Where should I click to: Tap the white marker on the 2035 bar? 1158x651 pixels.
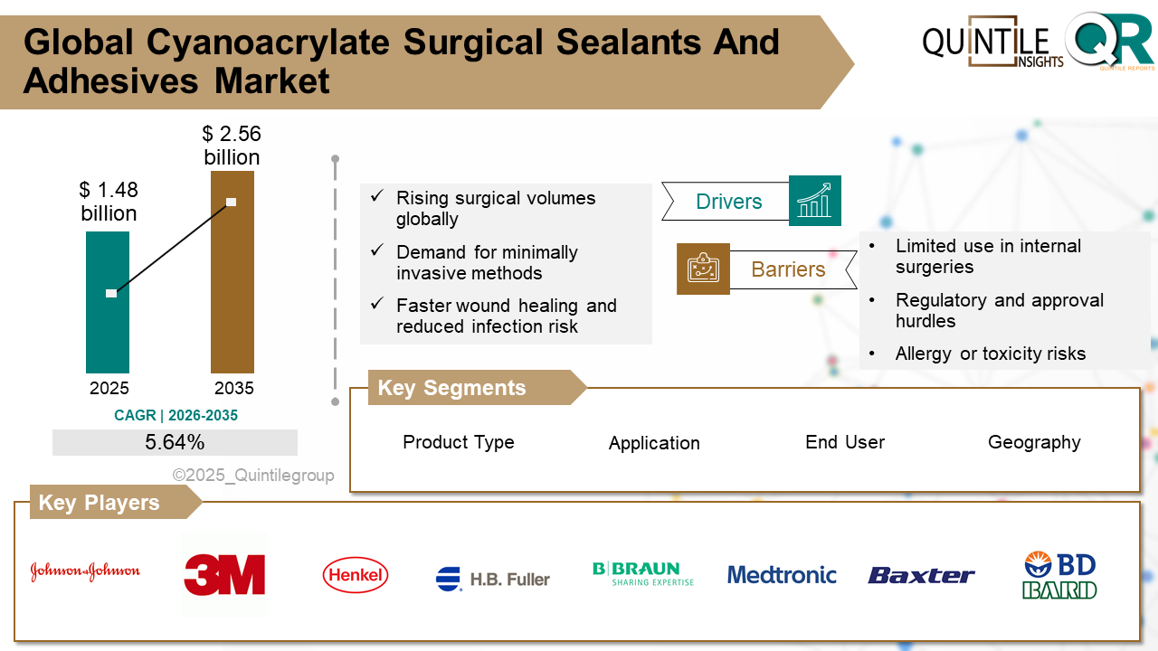[232, 202]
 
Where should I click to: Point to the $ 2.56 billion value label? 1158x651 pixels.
[232, 146]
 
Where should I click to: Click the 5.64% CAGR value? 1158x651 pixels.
[175, 442]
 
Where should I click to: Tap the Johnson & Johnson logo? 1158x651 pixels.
[85, 571]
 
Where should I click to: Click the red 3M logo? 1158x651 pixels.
[224, 575]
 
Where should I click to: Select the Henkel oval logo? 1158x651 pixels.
[356, 575]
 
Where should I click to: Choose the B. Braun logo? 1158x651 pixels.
[642, 574]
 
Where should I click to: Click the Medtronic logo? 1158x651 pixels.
[782, 575]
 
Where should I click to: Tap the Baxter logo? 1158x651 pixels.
[921, 575]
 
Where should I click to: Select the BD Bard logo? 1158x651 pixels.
[1059, 576]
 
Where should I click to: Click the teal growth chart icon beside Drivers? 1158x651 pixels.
[814, 201]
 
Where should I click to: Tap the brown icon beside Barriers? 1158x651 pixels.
[703, 269]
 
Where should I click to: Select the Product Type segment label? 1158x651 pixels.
[459, 442]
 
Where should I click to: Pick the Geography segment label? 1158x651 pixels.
[1034, 442]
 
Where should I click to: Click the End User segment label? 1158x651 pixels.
[845, 442]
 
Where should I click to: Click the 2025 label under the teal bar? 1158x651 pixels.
[109, 389]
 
